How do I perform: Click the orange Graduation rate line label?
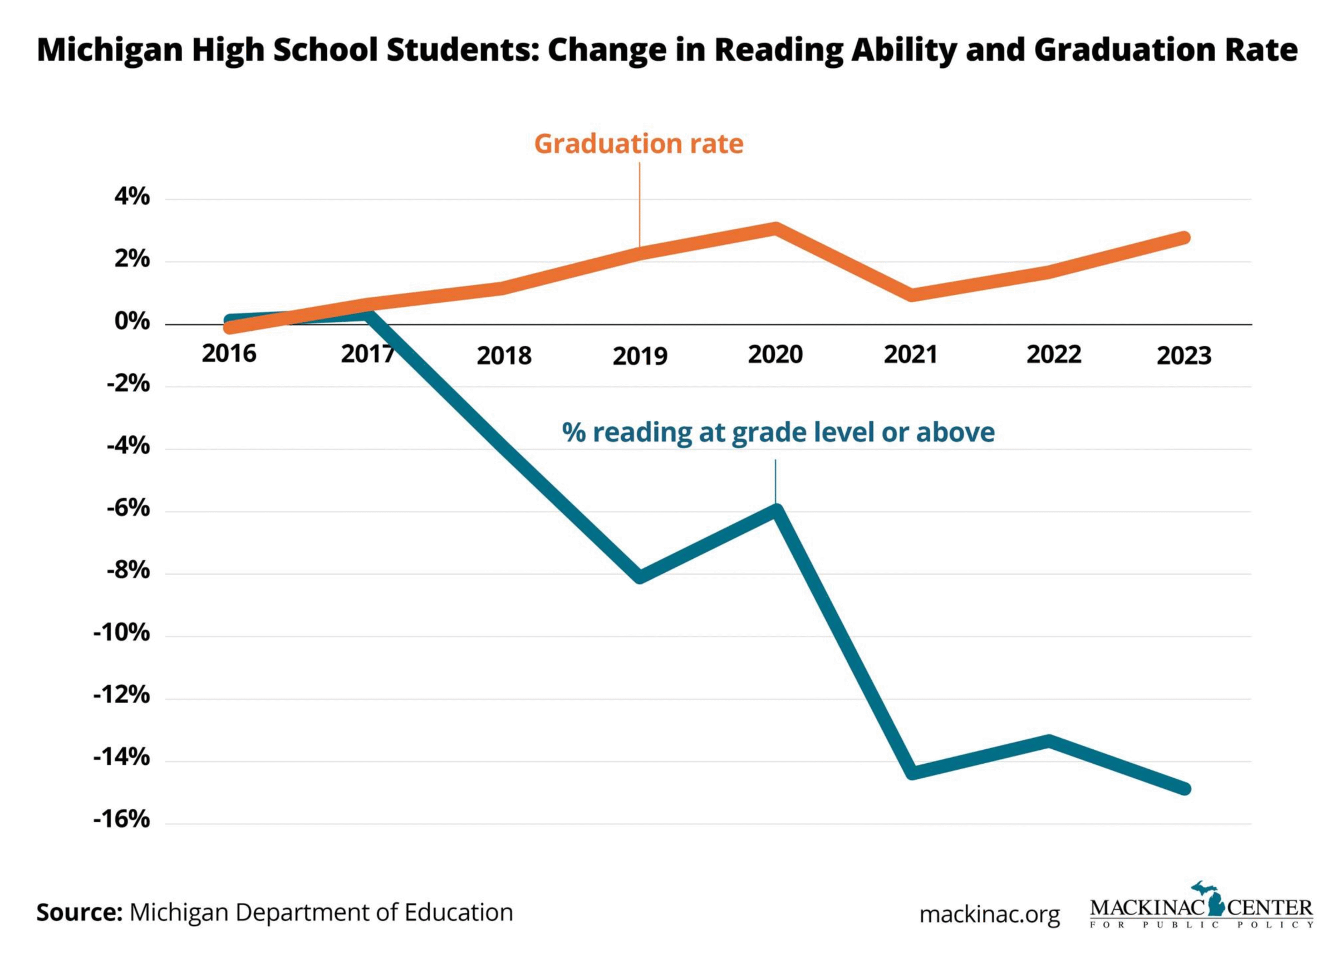pos(638,144)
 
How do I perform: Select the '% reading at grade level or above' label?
pos(778,433)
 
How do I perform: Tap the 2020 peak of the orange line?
pos(775,228)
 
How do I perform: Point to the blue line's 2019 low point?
pos(640,577)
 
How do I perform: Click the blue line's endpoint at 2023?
pos(1185,789)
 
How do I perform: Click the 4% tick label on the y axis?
pos(132,198)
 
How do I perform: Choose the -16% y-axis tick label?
pos(122,820)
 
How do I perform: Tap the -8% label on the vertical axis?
pos(129,571)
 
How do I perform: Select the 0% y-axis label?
pos(132,322)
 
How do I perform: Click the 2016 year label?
pos(229,354)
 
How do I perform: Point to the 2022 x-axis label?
pos(1053,355)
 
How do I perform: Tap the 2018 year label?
pos(503,356)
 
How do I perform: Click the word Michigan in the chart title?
pos(110,51)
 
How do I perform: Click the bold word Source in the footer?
pos(79,912)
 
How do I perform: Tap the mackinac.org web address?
pos(989,914)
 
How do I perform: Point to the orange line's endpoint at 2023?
pos(1185,238)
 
